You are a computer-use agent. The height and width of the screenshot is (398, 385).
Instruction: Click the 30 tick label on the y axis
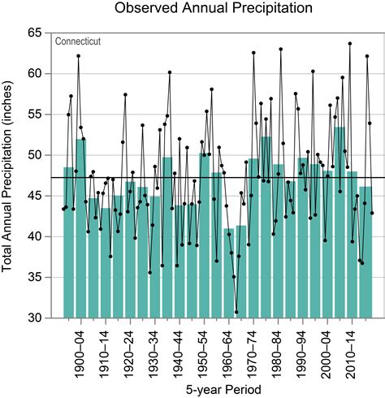[34, 318]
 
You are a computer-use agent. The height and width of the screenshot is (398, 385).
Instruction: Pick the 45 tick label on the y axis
[34, 196]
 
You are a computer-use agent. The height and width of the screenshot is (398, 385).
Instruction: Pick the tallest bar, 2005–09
[340, 227]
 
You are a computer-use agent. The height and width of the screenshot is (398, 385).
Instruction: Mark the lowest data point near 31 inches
[236, 312]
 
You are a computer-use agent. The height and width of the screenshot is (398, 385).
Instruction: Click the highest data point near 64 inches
[349, 43]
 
